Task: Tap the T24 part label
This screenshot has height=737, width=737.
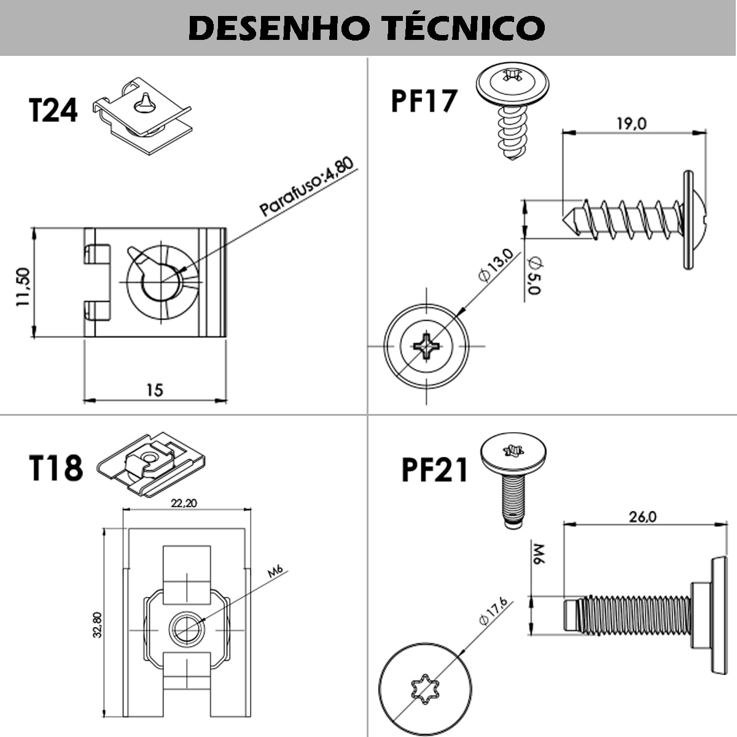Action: (x=53, y=111)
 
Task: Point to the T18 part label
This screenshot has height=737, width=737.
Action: (x=55, y=468)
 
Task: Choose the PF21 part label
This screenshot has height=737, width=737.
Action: (x=435, y=470)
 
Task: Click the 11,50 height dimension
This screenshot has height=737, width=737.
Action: (x=23, y=287)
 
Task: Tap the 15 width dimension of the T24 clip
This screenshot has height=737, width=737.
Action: (x=155, y=390)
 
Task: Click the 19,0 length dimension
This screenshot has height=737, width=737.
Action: (x=631, y=123)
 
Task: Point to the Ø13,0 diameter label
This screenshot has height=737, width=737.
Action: (x=495, y=265)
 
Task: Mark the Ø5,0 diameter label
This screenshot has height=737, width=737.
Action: (x=533, y=275)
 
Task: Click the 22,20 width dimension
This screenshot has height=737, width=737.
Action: (x=184, y=503)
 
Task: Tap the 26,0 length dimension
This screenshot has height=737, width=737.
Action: (x=642, y=517)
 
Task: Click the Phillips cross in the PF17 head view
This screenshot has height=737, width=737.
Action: (x=426, y=346)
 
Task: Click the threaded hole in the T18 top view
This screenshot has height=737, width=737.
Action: (x=186, y=628)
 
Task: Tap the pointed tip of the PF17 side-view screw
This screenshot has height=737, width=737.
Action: (x=566, y=220)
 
